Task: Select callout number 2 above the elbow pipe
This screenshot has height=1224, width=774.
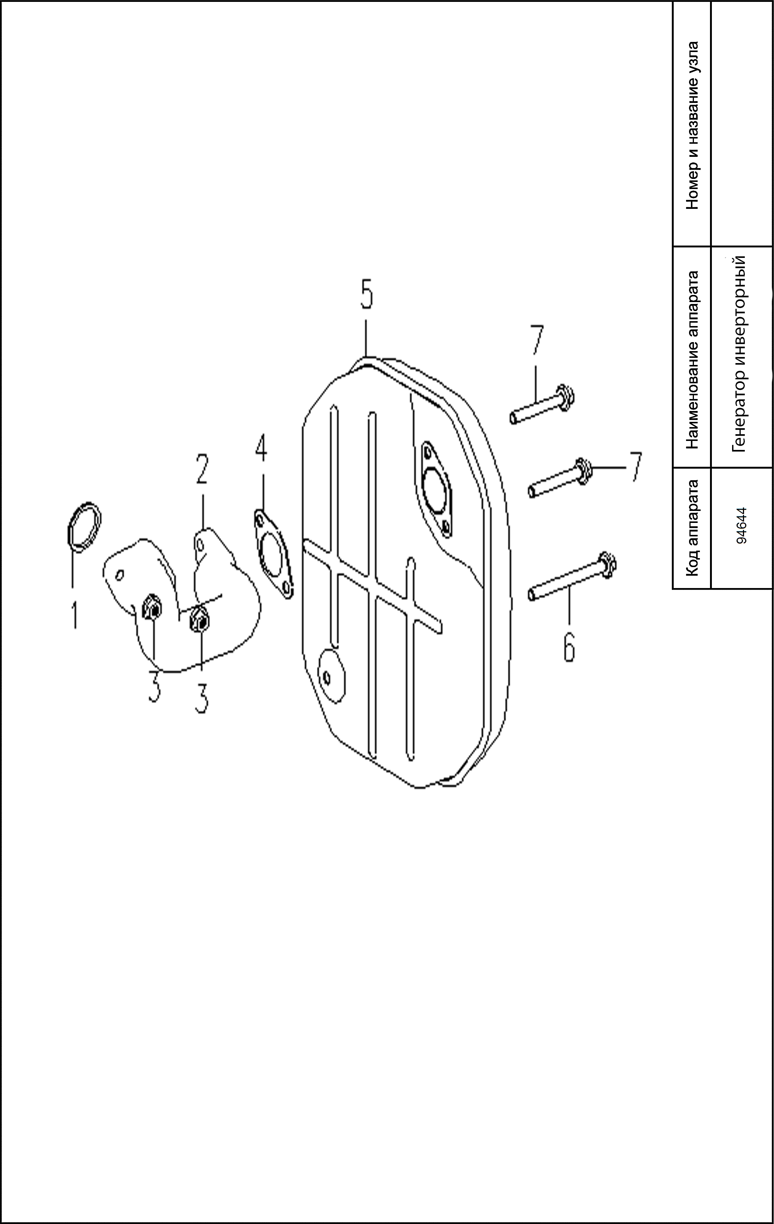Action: (x=202, y=469)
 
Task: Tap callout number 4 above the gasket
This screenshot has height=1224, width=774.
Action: (x=261, y=448)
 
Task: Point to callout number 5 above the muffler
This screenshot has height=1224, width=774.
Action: (x=366, y=294)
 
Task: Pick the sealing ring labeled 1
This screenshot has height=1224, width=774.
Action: (x=84, y=527)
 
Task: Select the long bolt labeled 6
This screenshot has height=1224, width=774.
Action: (x=572, y=576)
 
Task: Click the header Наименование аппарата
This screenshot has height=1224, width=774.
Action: (x=692, y=359)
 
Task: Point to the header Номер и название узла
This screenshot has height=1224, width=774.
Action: (x=692, y=125)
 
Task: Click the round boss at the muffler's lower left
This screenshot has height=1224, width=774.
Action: (x=331, y=675)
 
